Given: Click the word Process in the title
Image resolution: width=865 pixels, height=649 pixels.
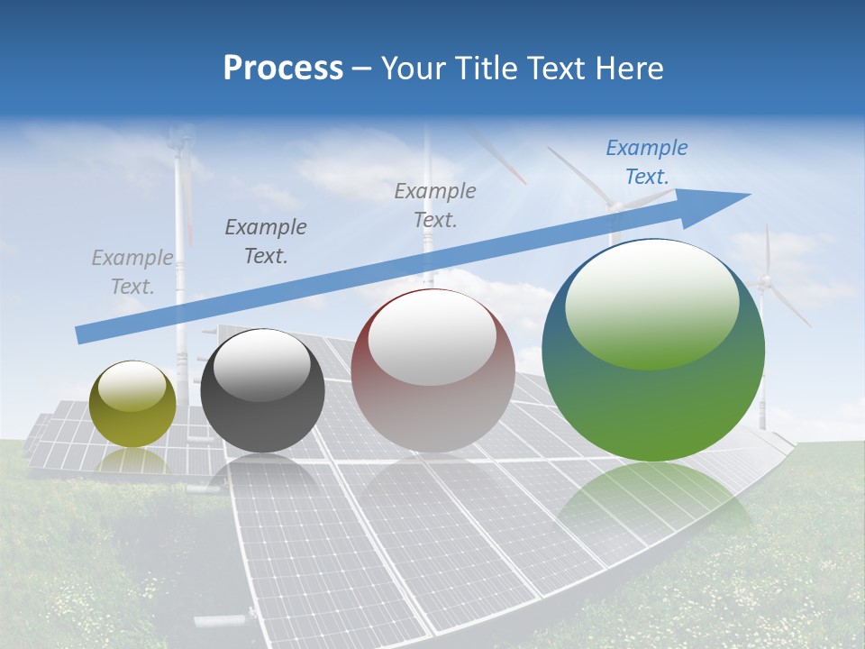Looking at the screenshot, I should pos(283,69).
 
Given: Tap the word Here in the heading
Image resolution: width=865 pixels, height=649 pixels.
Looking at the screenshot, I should pos(628,69).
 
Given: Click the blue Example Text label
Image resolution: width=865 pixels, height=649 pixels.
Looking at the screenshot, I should pos(646,162).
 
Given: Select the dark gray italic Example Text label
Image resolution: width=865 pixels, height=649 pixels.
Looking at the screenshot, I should pos(266,242).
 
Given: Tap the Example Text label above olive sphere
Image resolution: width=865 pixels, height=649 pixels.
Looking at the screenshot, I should pos(132,272).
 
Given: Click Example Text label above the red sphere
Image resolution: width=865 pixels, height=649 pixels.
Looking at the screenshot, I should pos(435,205).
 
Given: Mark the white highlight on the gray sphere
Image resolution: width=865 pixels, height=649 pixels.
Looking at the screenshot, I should pos(262,364).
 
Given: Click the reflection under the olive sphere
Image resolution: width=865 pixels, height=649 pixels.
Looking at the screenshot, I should pos(132,461).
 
